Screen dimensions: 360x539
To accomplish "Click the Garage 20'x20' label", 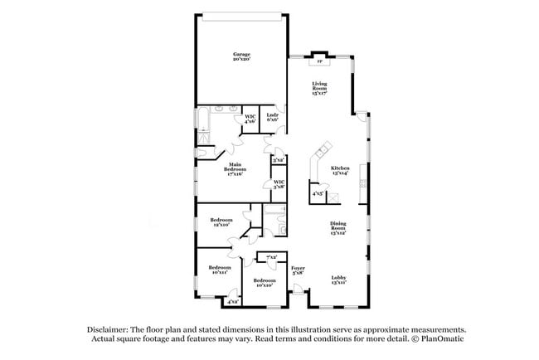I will (242, 57).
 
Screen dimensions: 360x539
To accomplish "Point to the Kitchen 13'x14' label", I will (340, 169).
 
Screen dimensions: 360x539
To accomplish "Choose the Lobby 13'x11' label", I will (337, 280).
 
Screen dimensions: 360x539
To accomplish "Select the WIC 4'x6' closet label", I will (250, 119).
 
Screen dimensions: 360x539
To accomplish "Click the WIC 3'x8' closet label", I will (279, 184).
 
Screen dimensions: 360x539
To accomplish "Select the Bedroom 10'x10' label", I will (264, 282).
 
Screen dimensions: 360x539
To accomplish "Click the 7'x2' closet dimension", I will (272, 257).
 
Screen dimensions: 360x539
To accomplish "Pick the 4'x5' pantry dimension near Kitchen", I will (317, 194).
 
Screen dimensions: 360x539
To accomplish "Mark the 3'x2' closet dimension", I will (279, 159).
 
